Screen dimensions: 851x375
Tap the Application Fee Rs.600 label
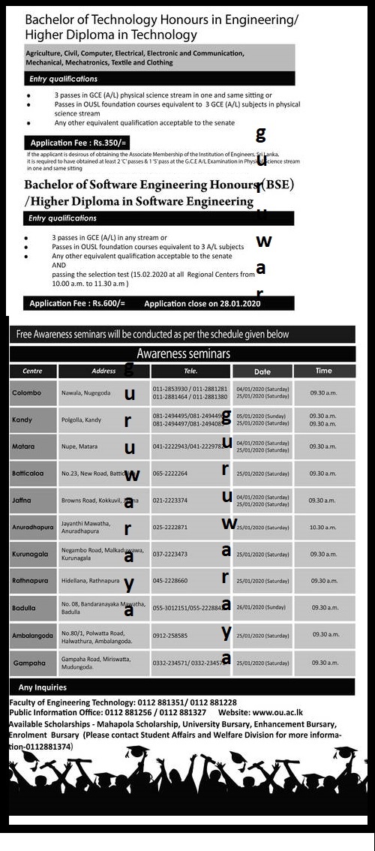[x=77, y=304]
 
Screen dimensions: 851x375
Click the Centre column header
[x=32, y=371]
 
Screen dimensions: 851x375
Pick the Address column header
[x=103, y=371]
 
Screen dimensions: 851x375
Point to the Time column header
[x=323, y=371]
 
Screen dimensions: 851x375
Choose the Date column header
[x=262, y=371]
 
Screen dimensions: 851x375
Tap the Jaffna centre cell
[x=21, y=500]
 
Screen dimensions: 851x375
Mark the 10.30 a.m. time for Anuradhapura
[x=323, y=527]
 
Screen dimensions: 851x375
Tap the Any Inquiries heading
[x=43, y=687]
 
